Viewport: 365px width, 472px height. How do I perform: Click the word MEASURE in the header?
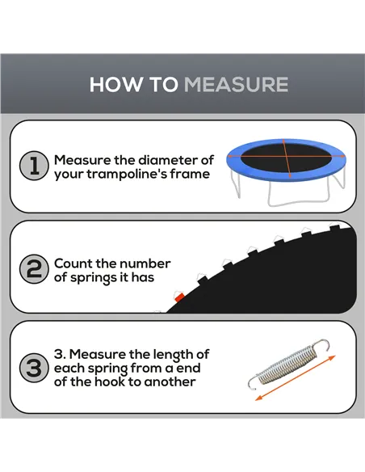pos(236,84)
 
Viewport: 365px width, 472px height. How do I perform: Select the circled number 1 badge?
pos(34,166)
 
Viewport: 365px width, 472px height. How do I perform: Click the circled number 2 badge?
pos(34,269)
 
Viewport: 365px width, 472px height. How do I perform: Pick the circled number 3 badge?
pos(34,368)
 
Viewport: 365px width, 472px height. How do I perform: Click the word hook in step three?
pos(110,381)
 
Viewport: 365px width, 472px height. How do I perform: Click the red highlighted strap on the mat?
pos(179,297)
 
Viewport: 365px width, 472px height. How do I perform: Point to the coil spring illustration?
pos(288,365)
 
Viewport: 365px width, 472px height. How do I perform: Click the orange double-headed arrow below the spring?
pos(296,378)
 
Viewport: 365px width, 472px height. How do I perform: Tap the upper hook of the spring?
pos(321,345)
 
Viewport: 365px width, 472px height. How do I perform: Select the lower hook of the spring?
pos(253,382)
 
